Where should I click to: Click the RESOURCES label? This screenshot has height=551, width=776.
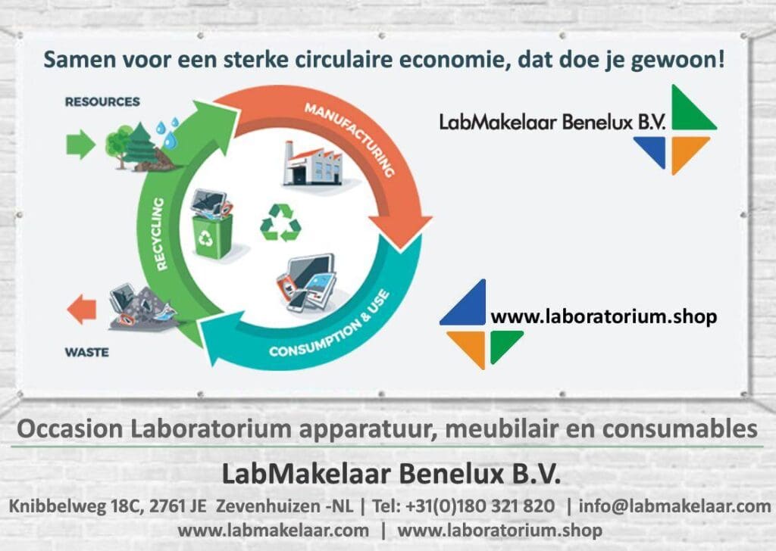coord(102,101)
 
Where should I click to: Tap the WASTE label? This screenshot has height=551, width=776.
coord(86,352)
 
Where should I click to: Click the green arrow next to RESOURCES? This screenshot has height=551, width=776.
coord(80,144)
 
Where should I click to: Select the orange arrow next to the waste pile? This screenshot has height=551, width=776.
coord(82,309)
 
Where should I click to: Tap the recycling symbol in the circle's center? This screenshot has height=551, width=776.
coord(280,223)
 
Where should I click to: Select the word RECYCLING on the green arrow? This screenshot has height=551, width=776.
coord(161,234)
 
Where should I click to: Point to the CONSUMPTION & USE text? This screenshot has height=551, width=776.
coord(330,325)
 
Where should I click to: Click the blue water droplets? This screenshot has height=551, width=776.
coord(168,133)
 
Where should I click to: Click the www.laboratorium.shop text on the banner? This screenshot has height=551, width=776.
coord(603,316)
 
